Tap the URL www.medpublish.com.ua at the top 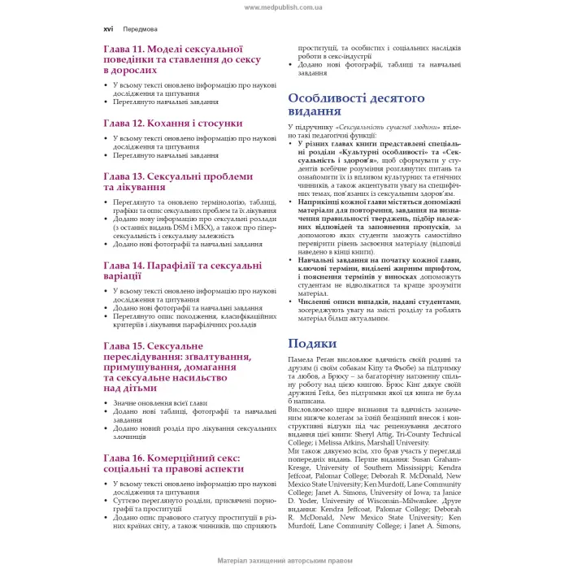coord(284,7)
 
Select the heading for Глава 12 coord(172,123)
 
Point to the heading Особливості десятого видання coord(356,104)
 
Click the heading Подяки coord(312,343)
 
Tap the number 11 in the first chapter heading coord(143,50)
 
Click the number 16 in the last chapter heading coord(143,458)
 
